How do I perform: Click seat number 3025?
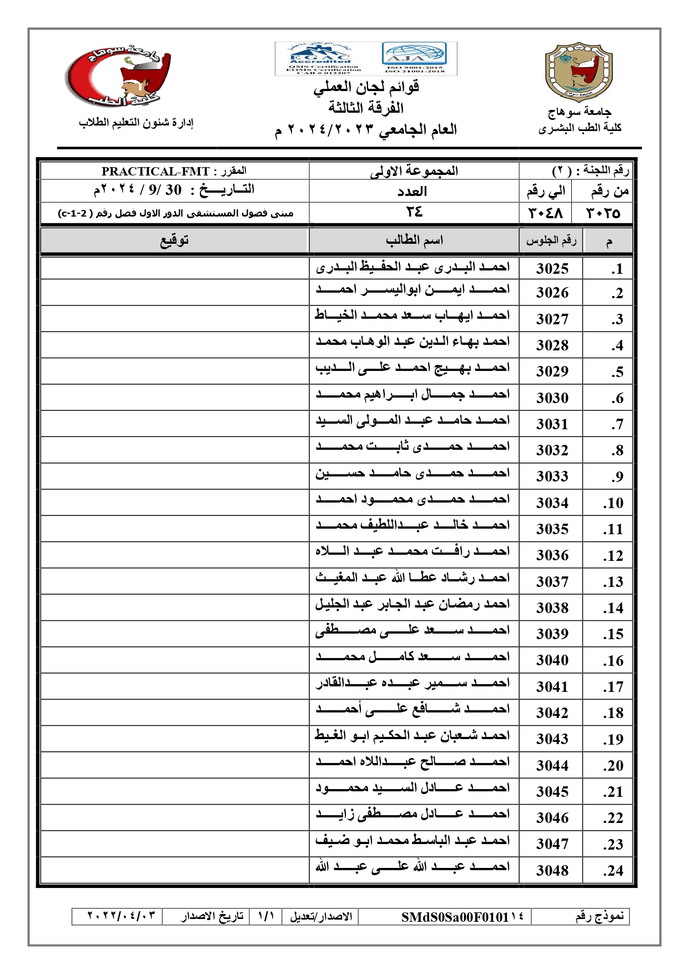[552, 269]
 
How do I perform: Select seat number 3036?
[552, 555]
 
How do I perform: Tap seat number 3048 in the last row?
[552, 871]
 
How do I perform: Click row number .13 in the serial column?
[613, 582]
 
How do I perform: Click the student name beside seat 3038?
[413, 604]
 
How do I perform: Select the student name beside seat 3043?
[413, 736]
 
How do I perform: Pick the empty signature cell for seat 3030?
[174, 398]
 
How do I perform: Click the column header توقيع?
[174, 240]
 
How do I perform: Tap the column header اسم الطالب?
[414, 240]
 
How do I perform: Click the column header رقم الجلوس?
[551, 240]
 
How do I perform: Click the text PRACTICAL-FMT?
[155, 172]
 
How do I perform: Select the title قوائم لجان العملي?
[366, 87]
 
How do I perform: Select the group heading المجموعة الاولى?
[414, 171]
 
